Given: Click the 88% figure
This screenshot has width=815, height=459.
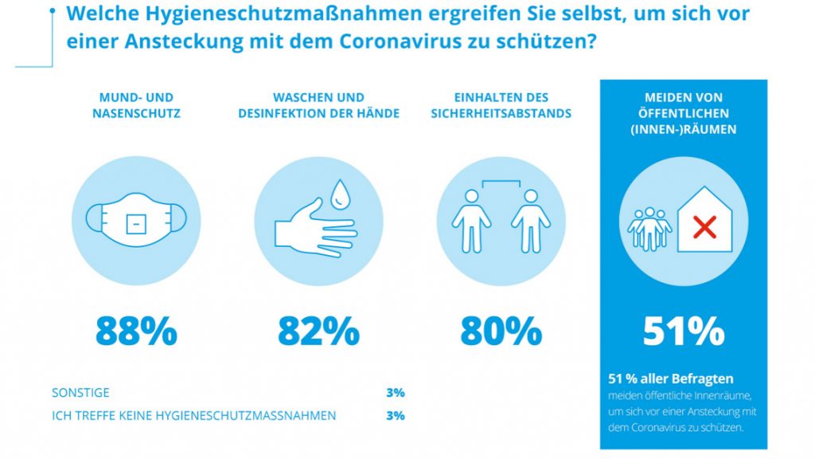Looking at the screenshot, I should (136, 331).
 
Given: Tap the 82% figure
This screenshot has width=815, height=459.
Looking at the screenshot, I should (318, 331).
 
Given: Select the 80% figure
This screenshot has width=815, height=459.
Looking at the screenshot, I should (501, 331).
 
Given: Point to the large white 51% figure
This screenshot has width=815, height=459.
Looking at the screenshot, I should (684, 331).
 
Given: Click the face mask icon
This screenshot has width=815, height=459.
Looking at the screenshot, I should (136, 220).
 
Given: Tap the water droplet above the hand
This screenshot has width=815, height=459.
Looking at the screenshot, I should (341, 194).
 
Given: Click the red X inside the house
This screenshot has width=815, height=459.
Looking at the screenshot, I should (704, 229).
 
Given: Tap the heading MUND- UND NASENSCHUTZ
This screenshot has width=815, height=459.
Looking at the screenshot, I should (136, 105).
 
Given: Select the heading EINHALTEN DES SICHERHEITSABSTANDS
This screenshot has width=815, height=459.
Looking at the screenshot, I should (501, 105).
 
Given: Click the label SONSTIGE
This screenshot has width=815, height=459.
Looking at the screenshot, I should (80, 393).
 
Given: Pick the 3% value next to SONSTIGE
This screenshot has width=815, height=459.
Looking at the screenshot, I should (395, 393).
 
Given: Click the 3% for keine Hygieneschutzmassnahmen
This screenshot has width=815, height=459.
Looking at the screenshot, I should (395, 415).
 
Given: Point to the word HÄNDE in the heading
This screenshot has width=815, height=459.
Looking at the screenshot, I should (380, 113).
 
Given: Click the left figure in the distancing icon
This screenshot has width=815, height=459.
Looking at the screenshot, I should (471, 220).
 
